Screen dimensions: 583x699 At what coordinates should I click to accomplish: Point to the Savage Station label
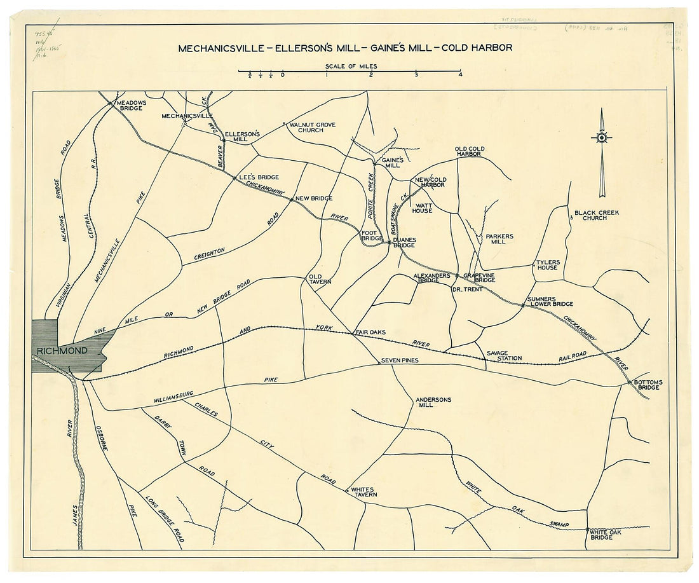click(x=504, y=355)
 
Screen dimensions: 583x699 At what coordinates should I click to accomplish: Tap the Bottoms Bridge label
click(x=648, y=385)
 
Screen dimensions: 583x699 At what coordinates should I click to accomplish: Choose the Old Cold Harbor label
click(x=469, y=151)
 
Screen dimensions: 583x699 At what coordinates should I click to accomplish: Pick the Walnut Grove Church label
click(x=312, y=127)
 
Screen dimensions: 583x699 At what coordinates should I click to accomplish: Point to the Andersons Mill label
click(x=433, y=402)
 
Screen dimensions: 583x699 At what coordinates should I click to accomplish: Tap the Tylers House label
click(x=546, y=264)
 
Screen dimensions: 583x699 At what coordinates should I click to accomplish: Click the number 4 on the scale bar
click(x=460, y=75)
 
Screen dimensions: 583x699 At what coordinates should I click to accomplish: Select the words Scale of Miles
click(x=351, y=66)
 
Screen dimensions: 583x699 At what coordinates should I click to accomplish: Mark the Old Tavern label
click(x=316, y=279)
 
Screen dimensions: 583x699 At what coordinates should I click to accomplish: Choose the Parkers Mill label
click(x=499, y=238)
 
